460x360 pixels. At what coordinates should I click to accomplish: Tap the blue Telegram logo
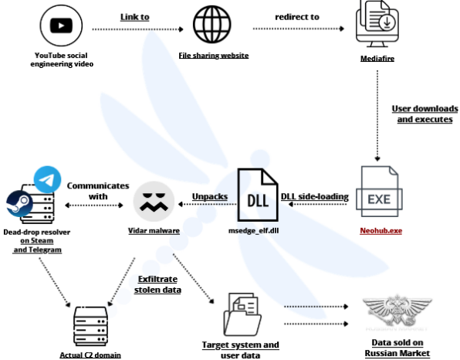(x=47, y=180)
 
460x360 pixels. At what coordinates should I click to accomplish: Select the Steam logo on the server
(x=18, y=205)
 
